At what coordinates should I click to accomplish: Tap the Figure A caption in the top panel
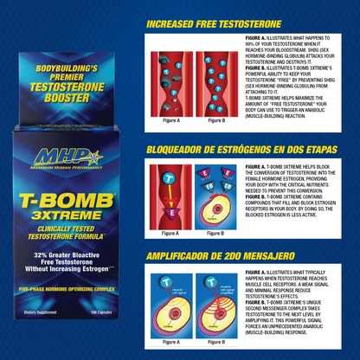point(170,120)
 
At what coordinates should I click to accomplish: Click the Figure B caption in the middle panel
point(215,232)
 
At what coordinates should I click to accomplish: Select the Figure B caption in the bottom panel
point(215,341)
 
